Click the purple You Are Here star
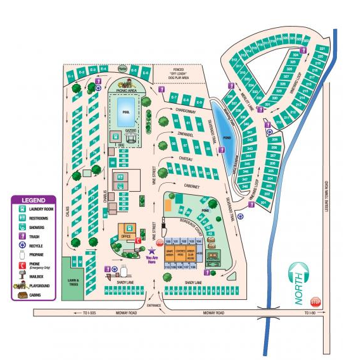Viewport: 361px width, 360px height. (151, 251)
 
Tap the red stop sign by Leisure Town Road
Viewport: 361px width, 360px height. (316, 302)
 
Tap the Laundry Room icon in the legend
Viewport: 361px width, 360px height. (22, 208)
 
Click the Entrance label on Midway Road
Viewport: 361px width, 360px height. (154, 306)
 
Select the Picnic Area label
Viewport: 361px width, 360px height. (127, 91)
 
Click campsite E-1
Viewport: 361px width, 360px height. (72, 77)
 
